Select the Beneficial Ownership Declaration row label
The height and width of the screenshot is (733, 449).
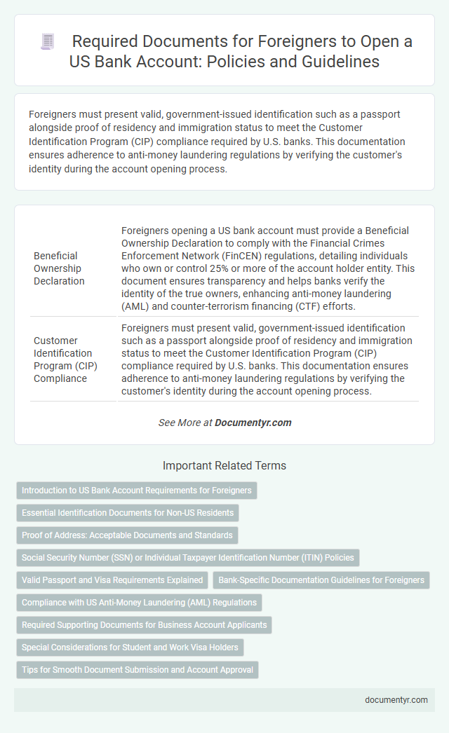(x=58, y=268)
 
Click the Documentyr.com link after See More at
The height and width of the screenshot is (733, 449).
(x=253, y=423)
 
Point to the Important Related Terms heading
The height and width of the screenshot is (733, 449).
(x=224, y=465)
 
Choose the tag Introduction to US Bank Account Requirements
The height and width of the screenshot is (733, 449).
(x=137, y=491)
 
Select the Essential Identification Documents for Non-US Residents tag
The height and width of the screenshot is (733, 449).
(x=128, y=513)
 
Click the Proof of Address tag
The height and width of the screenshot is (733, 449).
(x=127, y=535)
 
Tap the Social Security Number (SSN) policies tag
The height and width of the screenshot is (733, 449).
(x=188, y=558)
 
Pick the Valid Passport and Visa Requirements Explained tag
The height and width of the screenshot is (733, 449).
(x=112, y=580)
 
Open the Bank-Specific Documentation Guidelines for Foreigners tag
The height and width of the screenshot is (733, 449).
(x=321, y=580)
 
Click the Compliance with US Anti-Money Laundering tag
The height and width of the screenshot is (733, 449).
(x=139, y=603)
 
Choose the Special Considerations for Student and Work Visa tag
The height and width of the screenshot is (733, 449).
(x=130, y=648)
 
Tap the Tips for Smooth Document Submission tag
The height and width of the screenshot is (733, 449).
(x=137, y=670)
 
